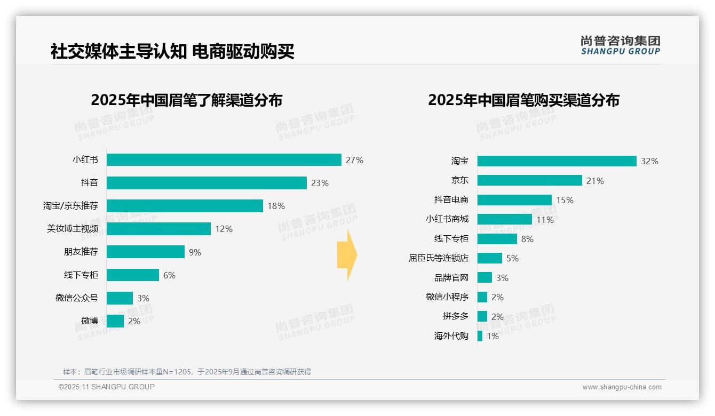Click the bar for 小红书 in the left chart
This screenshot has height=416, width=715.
(224, 160)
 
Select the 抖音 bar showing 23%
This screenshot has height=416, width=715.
(206, 183)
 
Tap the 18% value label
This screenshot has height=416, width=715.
(276, 206)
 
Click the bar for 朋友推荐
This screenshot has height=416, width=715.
(145, 252)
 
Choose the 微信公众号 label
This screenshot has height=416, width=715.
(76, 298)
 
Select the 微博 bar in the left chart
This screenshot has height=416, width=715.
(115, 321)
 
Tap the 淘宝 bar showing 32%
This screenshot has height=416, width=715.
(557, 161)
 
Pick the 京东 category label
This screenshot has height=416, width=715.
(459, 180)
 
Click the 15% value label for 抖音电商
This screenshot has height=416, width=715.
(565, 200)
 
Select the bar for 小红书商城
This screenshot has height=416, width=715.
(504, 219)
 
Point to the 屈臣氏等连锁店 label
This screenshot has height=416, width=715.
(438, 258)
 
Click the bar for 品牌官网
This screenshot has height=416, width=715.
(484, 277)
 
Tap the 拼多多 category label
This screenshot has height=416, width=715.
(455, 316)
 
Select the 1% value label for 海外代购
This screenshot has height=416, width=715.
(492, 336)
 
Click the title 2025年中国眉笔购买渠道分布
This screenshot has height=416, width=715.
(523, 100)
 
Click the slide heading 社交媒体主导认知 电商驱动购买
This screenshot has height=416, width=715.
(172, 52)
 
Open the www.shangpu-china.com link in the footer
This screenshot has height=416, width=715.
(622, 387)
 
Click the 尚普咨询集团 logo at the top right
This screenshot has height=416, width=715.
(620, 45)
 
